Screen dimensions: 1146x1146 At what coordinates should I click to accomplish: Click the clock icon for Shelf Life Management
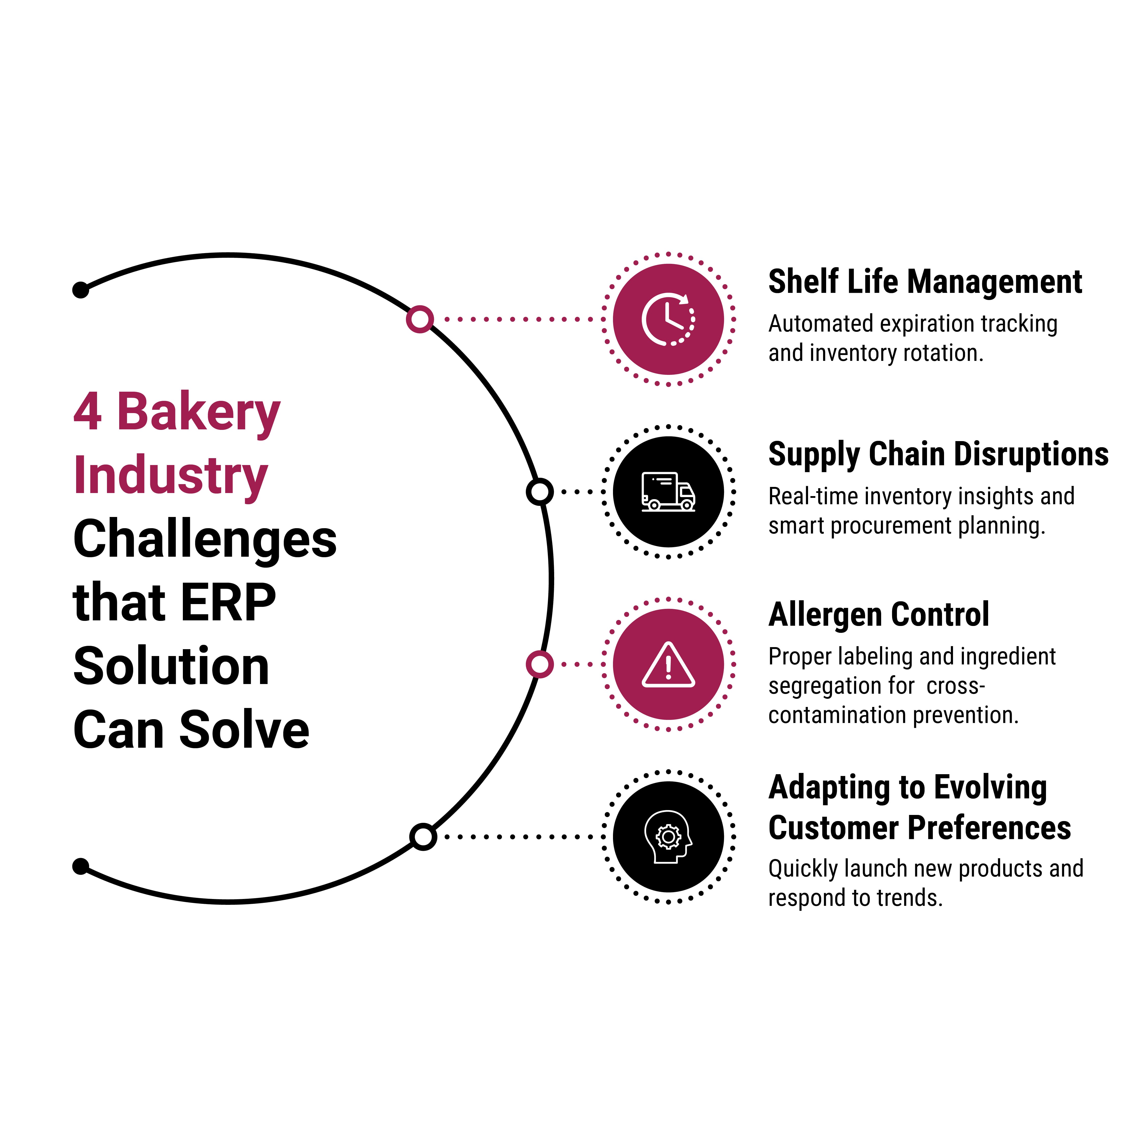click(x=668, y=319)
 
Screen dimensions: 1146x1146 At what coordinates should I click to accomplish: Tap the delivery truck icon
click(x=668, y=492)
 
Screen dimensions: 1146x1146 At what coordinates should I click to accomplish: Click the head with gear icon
click(x=668, y=837)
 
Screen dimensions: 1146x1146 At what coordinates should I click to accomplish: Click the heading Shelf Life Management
click(x=925, y=282)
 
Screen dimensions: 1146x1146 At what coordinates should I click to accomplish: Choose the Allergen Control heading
click(x=879, y=615)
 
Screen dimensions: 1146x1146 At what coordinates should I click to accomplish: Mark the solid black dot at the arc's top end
click(x=81, y=290)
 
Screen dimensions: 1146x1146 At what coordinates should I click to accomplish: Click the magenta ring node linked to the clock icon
click(x=420, y=319)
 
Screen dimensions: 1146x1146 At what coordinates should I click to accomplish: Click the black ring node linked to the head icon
click(x=423, y=837)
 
